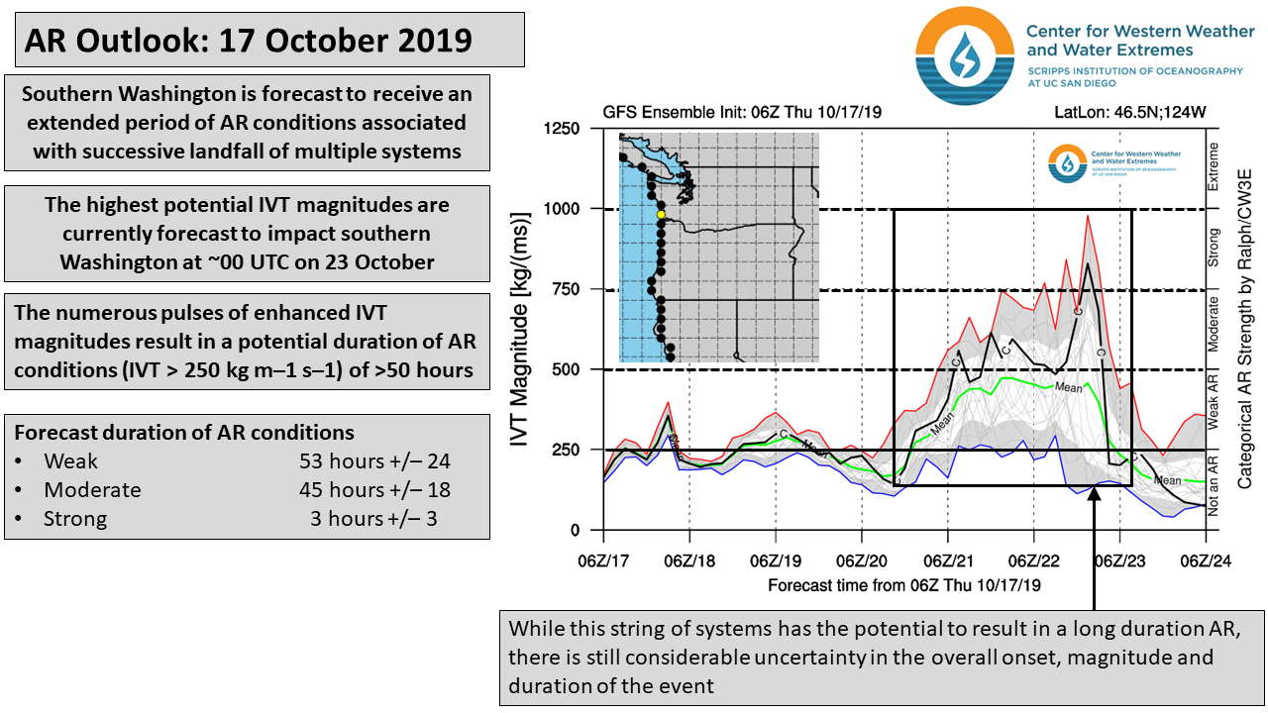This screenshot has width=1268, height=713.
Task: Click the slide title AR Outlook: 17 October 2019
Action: [250, 40]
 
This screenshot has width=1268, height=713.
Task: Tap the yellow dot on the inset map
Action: [661, 214]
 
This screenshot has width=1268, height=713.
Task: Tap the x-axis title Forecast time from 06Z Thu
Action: [904, 585]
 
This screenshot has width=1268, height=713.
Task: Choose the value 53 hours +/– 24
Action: [374, 461]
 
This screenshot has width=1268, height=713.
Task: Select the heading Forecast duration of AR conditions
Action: [183, 433]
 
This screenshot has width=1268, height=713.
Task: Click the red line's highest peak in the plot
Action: [1088, 216]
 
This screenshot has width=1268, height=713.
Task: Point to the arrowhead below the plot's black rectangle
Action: [1094, 495]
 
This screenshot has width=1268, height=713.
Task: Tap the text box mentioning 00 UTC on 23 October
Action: [247, 234]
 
